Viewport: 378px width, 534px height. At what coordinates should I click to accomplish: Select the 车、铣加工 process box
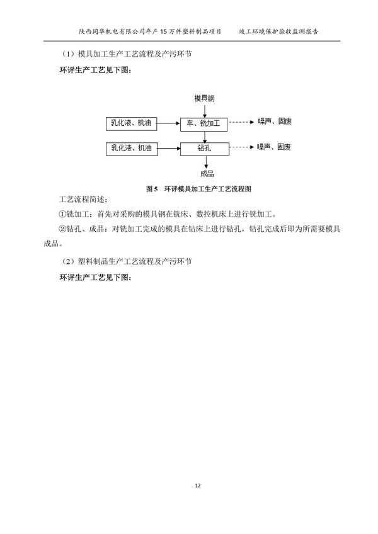coord(203,123)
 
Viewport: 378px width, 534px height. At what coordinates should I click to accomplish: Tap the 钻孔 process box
coord(203,149)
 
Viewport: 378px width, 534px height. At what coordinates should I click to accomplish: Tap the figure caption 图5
coord(151,188)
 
